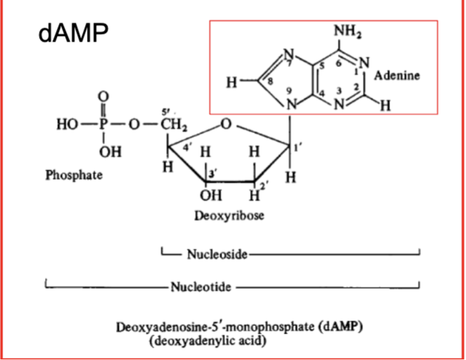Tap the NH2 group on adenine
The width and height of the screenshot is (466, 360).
(x=348, y=31)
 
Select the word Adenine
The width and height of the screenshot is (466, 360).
(x=397, y=75)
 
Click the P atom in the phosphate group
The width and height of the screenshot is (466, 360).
(x=103, y=124)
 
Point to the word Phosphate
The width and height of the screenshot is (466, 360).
(x=74, y=175)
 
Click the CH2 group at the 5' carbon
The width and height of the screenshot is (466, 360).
(x=174, y=124)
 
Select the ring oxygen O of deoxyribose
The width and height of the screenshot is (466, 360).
(x=226, y=124)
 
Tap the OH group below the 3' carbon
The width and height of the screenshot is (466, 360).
(x=211, y=195)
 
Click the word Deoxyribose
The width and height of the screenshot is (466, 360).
(x=229, y=215)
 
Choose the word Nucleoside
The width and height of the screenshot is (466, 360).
(x=217, y=254)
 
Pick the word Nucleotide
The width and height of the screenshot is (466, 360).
(x=201, y=287)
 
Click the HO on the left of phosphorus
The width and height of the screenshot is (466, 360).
(x=68, y=124)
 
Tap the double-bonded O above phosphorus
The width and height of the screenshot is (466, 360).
(x=104, y=96)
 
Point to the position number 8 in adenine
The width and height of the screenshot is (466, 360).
(x=270, y=81)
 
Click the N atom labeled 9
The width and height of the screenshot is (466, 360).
(x=292, y=104)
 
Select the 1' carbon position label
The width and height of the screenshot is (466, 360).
(x=296, y=147)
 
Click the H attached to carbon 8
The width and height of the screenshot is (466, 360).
(x=232, y=82)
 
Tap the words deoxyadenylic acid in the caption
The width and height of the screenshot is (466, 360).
(x=208, y=341)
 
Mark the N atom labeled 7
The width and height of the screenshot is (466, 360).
(x=288, y=55)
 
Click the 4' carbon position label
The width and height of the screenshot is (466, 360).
(x=187, y=147)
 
